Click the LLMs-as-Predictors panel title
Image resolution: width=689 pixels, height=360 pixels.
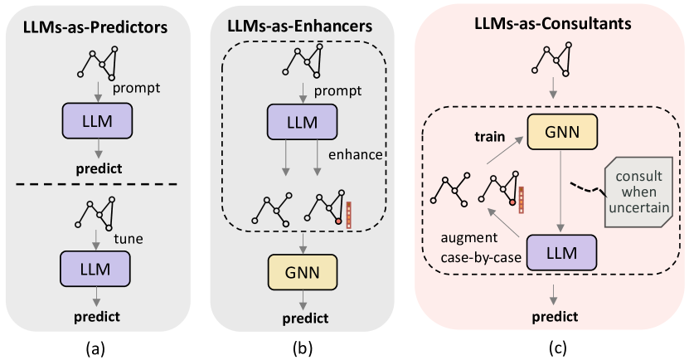[99, 27]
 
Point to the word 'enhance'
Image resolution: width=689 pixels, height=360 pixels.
[354, 155]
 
